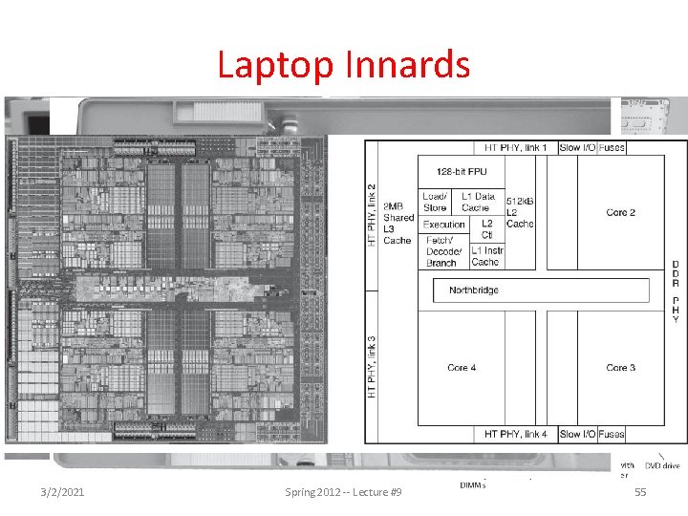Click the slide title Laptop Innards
343,65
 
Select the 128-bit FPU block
462,173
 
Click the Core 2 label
621,212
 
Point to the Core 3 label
621,368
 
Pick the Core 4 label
462,368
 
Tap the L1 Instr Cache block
485,255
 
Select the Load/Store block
436,202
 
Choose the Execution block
443,225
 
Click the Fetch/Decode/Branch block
442,251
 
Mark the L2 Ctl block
486,229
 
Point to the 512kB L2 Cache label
520,212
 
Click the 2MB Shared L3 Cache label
398,223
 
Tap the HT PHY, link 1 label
517,148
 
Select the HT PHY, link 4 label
517,435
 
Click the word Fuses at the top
612,148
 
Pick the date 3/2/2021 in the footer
63,491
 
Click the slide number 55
640,491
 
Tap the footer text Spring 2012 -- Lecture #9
343,491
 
